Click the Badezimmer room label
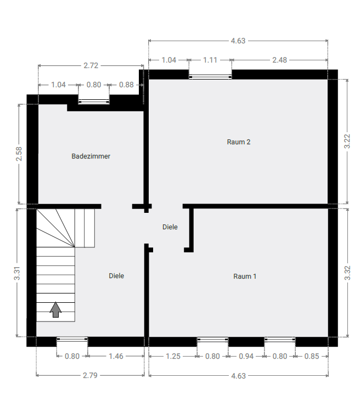(x=91, y=156)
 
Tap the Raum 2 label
(x=239, y=142)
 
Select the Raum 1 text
(x=245, y=276)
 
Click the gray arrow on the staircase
(x=55, y=310)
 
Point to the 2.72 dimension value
(x=91, y=65)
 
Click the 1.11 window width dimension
(x=210, y=60)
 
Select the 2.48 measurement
(x=279, y=60)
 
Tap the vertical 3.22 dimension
(x=347, y=141)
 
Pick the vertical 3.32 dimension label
(x=347, y=273)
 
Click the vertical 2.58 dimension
(x=19, y=154)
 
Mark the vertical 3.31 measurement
(x=17, y=273)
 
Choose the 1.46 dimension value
(x=116, y=356)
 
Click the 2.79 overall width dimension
(x=90, y=375)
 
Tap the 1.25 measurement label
(x=173, y=356)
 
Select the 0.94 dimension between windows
(x=246, y=356)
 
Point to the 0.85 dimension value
(x=312, y=356)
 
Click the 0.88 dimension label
(x=126, y=84)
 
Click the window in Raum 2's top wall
(x=210, y=76)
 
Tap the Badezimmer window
(x=94, y=102)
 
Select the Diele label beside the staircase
(x=116, y=276)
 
